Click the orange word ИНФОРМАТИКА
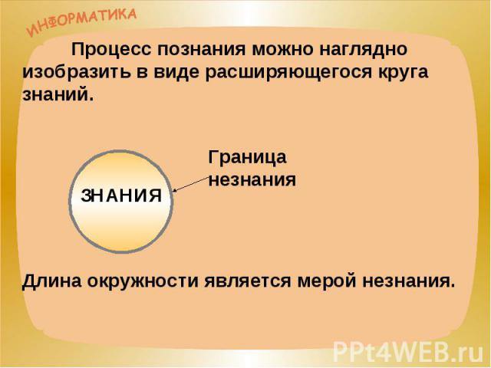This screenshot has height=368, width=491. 81,21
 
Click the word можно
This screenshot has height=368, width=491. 282,50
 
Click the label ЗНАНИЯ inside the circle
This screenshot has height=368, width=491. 121,196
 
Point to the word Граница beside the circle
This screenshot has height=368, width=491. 247,158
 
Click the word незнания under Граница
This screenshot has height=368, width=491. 252,180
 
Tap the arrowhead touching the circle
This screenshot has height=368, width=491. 175,189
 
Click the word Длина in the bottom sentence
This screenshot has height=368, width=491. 51,281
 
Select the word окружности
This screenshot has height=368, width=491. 143,281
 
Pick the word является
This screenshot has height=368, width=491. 248,281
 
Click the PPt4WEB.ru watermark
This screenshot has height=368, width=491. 407,351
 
